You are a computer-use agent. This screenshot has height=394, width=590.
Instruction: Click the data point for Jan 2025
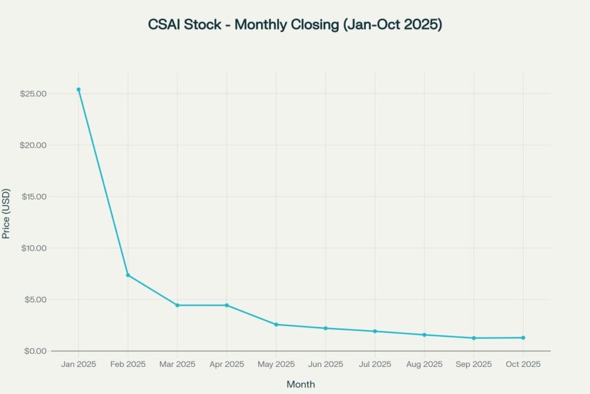pos(78,89)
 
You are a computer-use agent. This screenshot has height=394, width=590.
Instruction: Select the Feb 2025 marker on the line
pos(128,275)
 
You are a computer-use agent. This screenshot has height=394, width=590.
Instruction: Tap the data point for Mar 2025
pos(177,305)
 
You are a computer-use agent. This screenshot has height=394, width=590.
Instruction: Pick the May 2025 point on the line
pos(276,325)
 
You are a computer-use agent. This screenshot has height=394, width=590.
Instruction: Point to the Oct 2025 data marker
pos(523,337)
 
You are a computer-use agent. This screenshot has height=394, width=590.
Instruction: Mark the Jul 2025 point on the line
pos(375,331)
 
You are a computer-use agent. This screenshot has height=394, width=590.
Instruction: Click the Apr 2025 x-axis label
pos(226,365)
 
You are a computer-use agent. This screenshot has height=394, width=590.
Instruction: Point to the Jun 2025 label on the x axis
pos(326,365)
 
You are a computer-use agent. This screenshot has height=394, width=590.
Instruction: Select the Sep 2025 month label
pos(474,365)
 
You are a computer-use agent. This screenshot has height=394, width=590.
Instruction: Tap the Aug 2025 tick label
pos(424,365)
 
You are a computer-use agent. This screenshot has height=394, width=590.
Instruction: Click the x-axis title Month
pos(301,384)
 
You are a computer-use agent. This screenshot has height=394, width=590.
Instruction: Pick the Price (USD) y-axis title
pos(7,213)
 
